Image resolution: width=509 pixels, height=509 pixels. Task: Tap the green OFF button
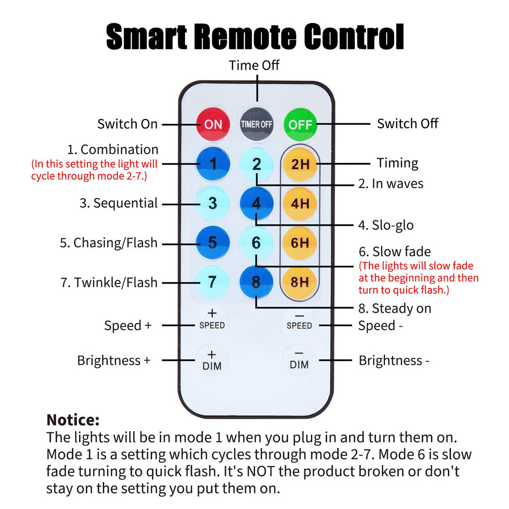pos(300,124)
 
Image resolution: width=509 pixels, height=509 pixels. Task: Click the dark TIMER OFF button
pos(256,124)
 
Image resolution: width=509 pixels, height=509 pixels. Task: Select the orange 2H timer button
pos(300,164)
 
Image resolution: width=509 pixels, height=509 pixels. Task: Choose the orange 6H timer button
pos(300,243)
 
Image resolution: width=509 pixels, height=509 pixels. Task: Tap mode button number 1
pos(213,164)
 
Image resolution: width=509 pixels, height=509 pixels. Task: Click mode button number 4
pos(256,203)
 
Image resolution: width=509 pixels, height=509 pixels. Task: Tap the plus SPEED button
pos(212,320)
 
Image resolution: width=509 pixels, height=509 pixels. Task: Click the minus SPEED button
pos(299,321)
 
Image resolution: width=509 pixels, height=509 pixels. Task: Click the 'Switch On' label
pos(127,124)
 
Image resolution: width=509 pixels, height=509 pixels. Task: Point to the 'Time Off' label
pos(254,66)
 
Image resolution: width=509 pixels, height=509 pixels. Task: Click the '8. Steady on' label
pos(395,309)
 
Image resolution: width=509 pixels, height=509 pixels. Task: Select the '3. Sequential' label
pos(119,203)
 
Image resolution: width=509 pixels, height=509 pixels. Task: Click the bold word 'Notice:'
pos(73,420)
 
